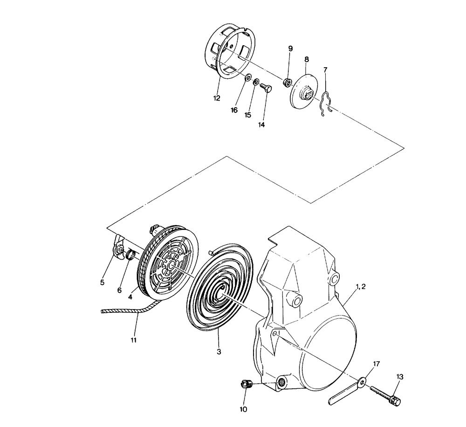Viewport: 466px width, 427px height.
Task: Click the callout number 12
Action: click(217, 98)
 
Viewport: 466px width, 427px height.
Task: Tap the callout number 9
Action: click(290, 48)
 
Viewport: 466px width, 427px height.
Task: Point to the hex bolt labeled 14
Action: click(267, 88)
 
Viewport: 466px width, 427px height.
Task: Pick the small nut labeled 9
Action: click(287, 83)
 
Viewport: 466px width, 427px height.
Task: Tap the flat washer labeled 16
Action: click(247, 78)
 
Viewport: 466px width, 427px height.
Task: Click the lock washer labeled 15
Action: click(256, 82)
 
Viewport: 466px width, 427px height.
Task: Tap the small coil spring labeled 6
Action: click(131, 255)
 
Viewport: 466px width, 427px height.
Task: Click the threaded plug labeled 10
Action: click(247, 385)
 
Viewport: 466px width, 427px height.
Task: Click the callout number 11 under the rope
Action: click(133, 340)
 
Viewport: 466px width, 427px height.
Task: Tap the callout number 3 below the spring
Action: click(219, 352)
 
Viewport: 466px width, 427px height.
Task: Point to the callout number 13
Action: click(400, 377)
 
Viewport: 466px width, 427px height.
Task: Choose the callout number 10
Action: click(243, 409)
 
